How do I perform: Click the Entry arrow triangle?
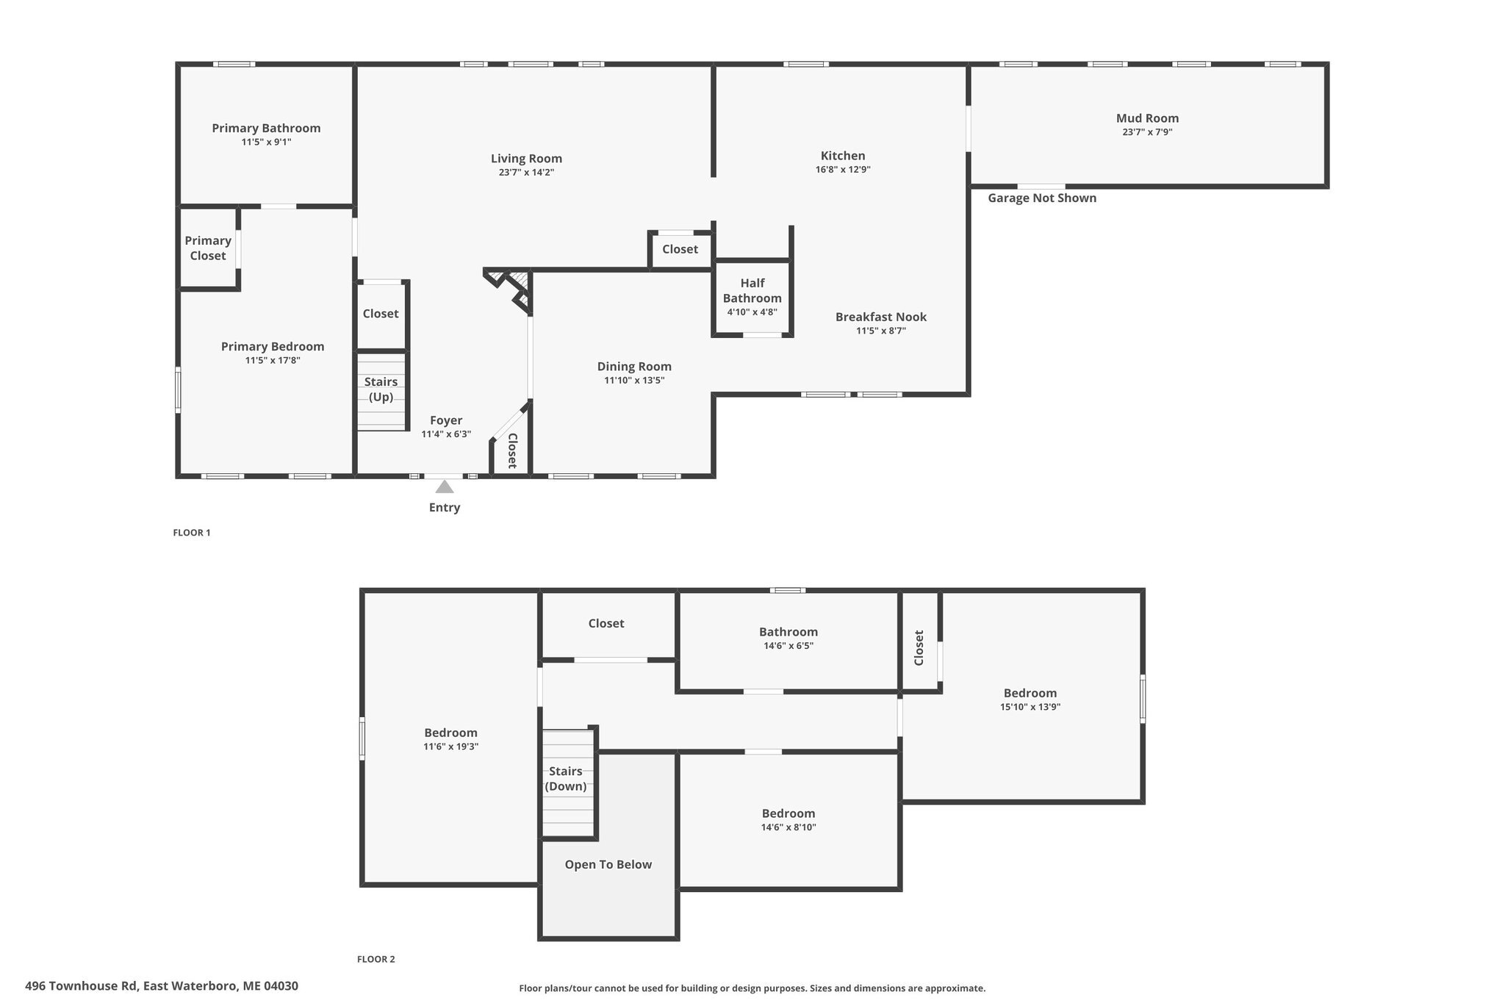point(445,486)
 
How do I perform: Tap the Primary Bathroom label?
point(266,128)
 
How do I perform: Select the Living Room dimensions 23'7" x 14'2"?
point(526,173)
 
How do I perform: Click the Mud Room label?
point(1147,118)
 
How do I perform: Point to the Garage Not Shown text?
point(1041,198)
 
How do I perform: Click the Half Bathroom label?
point(752,290)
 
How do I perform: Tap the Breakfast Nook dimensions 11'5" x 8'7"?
point(880,331)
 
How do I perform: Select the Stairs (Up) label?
point(381,389)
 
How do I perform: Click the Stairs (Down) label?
point(565,779)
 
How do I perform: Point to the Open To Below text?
point(608,865)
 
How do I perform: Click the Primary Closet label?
point(208,248)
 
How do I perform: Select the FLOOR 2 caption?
point(376,959)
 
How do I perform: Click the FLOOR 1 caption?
point(191,533)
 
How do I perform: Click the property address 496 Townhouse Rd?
point(162,986)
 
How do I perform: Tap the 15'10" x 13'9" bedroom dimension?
point(1030,708)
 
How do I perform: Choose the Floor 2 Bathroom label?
point(788,632)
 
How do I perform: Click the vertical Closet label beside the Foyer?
point(512,450)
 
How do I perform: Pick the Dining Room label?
point(633,367)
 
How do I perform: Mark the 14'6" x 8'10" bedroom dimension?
point(788,827)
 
